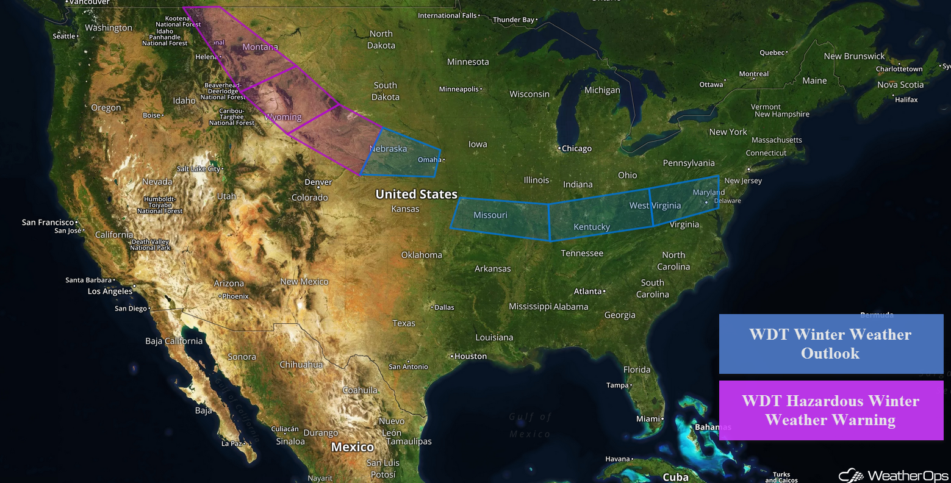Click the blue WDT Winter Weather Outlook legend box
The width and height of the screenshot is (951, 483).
pyautogui.click(x=830, y=344)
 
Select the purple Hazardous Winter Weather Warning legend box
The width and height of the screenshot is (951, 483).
pyautogui.click(x=830, y=410)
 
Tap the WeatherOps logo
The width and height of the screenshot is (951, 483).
pyautogui.click(x=893, y=475)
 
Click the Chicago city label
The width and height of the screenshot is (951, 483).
pyautogui.click(x=576, y=148)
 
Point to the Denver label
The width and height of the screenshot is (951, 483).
pyautogui.click(x=318, y=182)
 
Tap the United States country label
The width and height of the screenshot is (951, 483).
pyautogui.click(x=416, y=195)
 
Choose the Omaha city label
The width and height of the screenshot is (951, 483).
pyautogui.click(x=429, y=160)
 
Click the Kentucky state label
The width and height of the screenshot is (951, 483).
pyautogui.click(x=591, y=227)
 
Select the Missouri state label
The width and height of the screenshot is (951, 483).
pyautogui.click(x=490, y=215)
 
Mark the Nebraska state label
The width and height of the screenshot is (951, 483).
pyautogui.click(x=388, y=149)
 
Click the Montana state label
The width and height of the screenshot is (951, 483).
pyautogui.click(x=260, y=47)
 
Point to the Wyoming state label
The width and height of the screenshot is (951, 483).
pyautogui.click(x=283, y=117)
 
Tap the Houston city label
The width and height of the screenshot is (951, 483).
pyautogui.click(x=470, y=356)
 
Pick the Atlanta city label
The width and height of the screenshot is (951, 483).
pyautogui.click(x=588, y=292)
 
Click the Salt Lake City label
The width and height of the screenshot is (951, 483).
pyautogui.click(x=199, y=169)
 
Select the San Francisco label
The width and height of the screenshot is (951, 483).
pyautogui.click(x=48, y=223)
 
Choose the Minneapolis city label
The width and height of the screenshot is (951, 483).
pyautogui.click(x=459, y=89)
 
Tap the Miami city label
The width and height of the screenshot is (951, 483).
pyautogui.click(x=648, y=419)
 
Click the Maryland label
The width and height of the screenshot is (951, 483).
pyautogui.click(x=708, y=192)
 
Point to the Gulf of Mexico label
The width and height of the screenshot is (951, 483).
pyautogui.click(x=529, y=425)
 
